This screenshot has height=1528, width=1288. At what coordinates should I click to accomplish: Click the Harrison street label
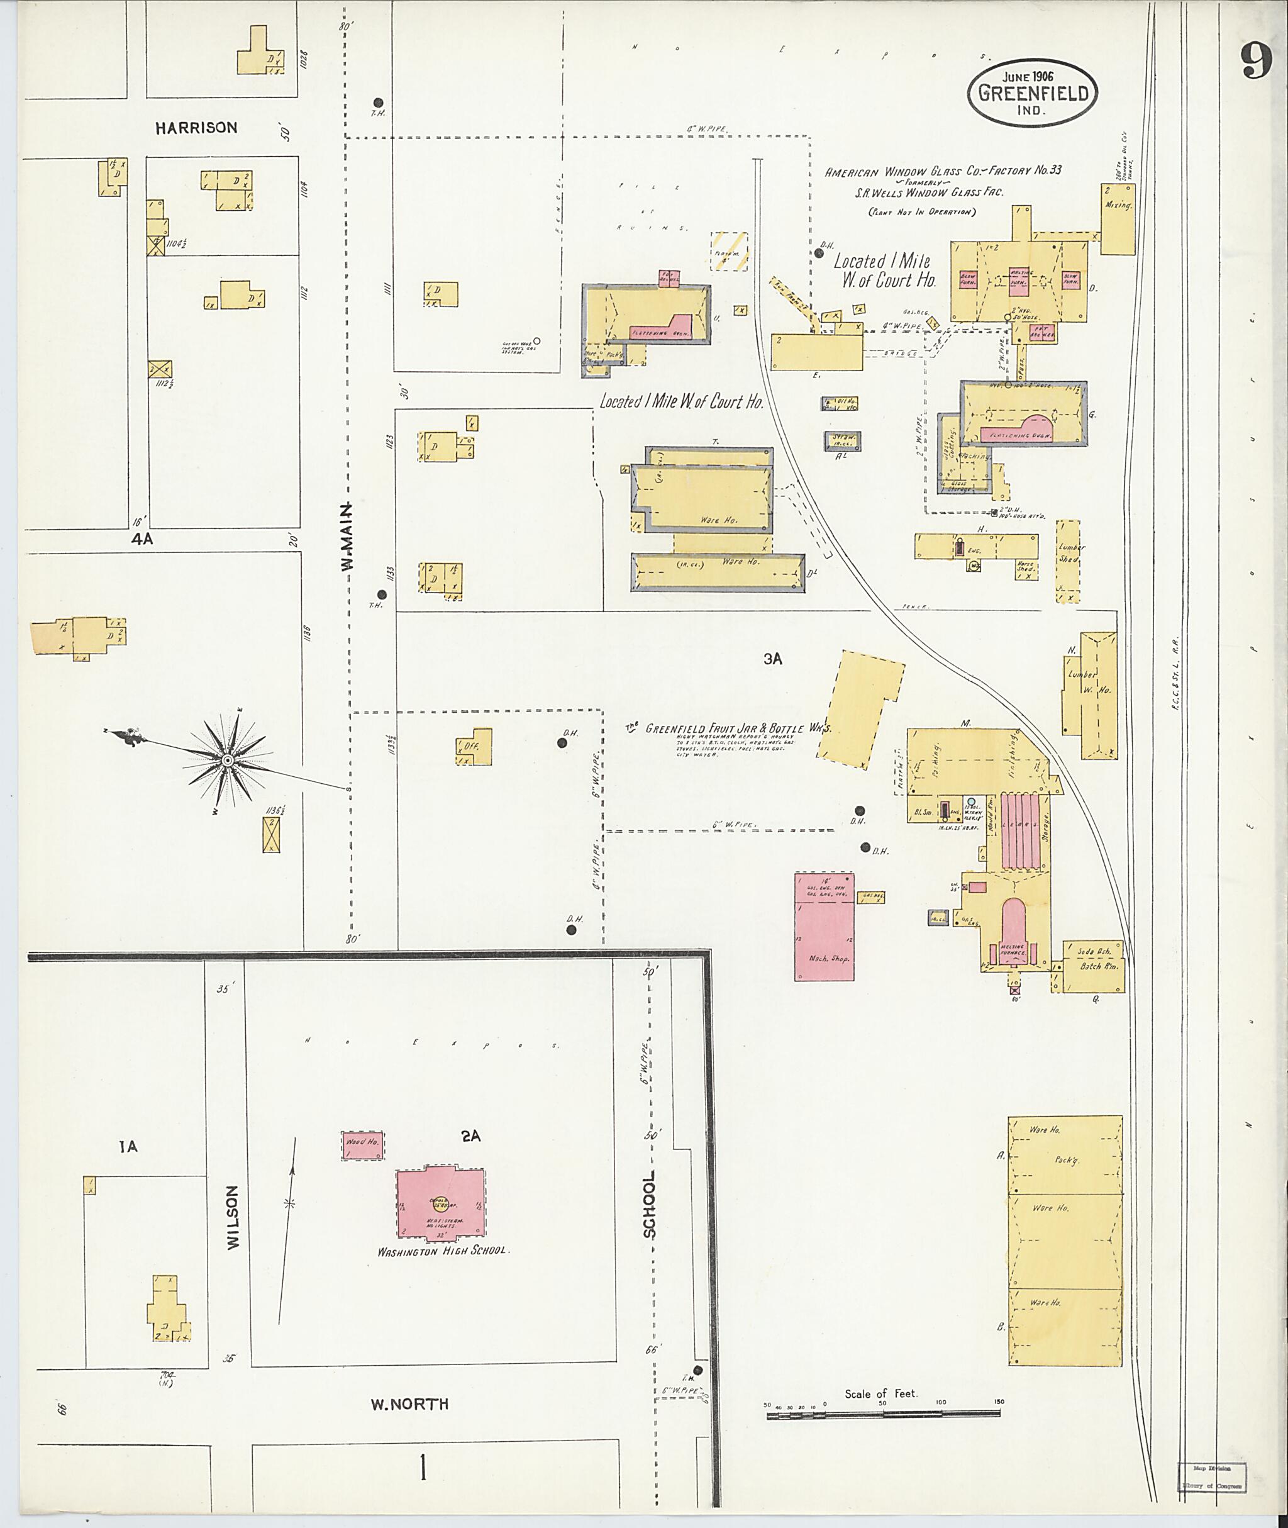coord(196,128)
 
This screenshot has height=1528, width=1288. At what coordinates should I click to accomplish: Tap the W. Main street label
coord(348,536)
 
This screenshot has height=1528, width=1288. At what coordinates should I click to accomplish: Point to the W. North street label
coord(409,1405)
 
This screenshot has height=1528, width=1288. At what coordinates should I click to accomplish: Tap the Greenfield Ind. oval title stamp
coord(1033,92)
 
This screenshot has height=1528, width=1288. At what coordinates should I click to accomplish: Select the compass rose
coord(228,761)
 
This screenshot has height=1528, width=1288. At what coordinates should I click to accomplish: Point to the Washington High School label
coord(443,1251)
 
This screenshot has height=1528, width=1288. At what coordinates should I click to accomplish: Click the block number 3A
coord(772,659)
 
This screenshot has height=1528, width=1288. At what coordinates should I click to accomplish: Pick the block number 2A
coord(470,1135)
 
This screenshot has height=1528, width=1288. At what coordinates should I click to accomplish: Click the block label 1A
coord(128,1147)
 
